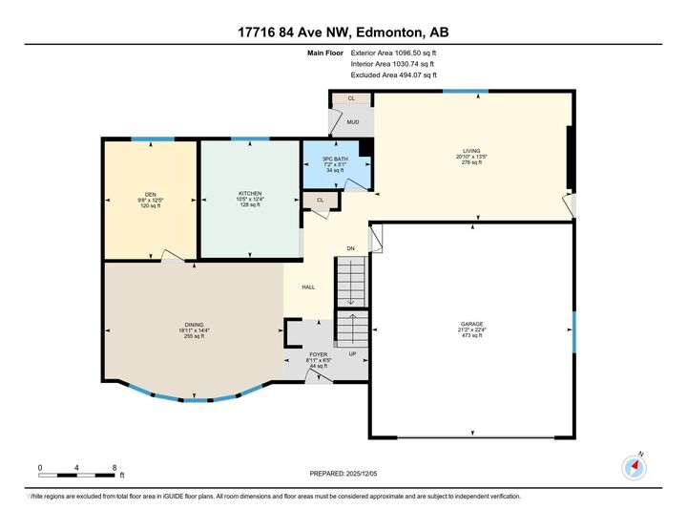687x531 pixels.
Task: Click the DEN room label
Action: (151, 195)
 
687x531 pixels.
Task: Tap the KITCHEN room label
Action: (250, 192)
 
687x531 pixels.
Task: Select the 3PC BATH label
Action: (333, 158)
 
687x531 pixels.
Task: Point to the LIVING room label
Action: (471, 150)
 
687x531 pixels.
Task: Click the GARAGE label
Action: (471, 325)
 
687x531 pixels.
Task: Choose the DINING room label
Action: (194, 324)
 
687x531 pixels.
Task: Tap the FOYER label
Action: (319, 353)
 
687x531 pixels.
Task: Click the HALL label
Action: (308, 287)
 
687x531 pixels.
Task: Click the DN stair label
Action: (350, 248)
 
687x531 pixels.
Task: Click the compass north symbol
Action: (635, 466)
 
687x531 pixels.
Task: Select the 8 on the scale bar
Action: (114, 467)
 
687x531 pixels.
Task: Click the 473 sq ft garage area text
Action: (471, 336)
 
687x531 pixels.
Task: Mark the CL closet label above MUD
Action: (351, 98)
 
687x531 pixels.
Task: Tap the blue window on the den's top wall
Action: (153, 139)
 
